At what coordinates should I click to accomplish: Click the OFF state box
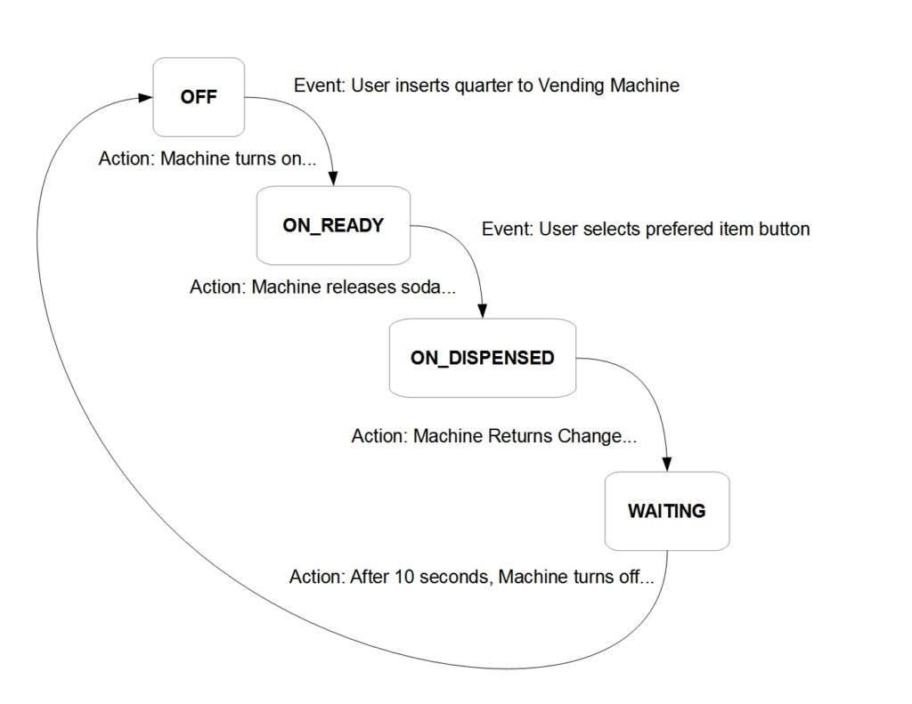point(199,98)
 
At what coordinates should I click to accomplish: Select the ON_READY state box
point(333,225)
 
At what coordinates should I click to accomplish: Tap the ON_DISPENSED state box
point(482,358)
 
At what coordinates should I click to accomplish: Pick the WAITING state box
point(666,511)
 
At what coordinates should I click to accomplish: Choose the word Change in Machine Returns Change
point(590,438)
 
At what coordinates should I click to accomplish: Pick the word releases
point(354,288)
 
